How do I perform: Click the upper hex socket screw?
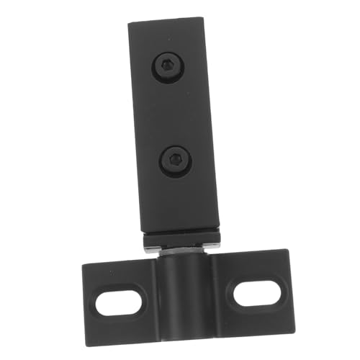click(166, 67)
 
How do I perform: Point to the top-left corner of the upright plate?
click(130, 24)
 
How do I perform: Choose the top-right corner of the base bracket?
click(287, 251)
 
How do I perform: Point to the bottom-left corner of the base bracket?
click(88, 333)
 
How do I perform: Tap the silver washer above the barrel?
click(179, 249)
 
